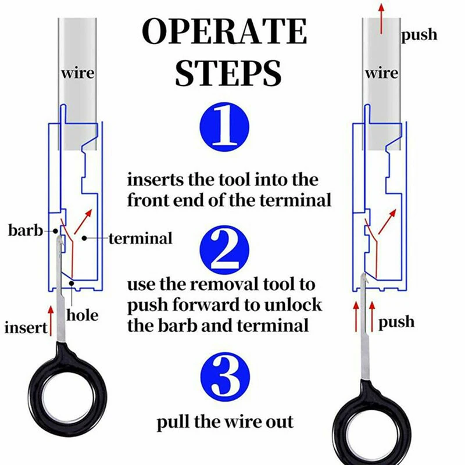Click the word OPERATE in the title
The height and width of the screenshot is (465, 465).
pyautogui.click(x=225, y=33)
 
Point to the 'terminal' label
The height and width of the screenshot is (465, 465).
pyautogui.click(x=140, y=238)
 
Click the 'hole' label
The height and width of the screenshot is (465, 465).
pyautogui.click(x=83, y=316)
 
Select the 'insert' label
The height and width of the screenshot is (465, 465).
pyautogui.click(x=26, y=327)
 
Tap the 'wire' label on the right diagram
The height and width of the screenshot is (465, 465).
pyautogui.click(x=381, y=74)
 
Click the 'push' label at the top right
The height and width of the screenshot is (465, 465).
pyautogui.click(x=419, y=35)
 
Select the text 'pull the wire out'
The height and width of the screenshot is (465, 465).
pyautogui.click(x=225, y=422)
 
